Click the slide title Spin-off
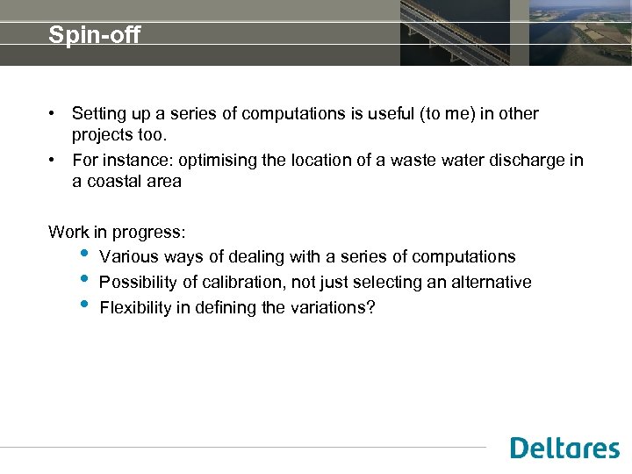coord(94,35)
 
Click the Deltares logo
coord(564,448)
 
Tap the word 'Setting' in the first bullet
coord(98,114)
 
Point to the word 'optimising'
coord(199,161)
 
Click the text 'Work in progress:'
coord(117,233)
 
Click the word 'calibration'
coord(264,283)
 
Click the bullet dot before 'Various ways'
coord(83,255)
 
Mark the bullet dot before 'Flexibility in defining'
coord(83,306)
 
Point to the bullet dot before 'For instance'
coord(54,161)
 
